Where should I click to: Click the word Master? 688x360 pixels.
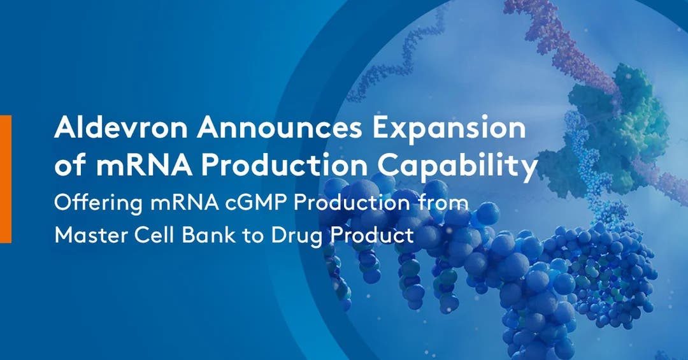point(89,235)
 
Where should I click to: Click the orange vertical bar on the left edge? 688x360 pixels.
point(5,178)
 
